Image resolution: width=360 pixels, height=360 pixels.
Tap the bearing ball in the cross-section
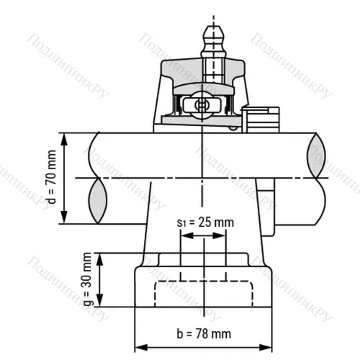(x=202, y=104)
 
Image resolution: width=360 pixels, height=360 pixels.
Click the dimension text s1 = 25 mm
(x=206, y=222)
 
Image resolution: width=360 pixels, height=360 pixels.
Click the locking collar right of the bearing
(x=261, y=119)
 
